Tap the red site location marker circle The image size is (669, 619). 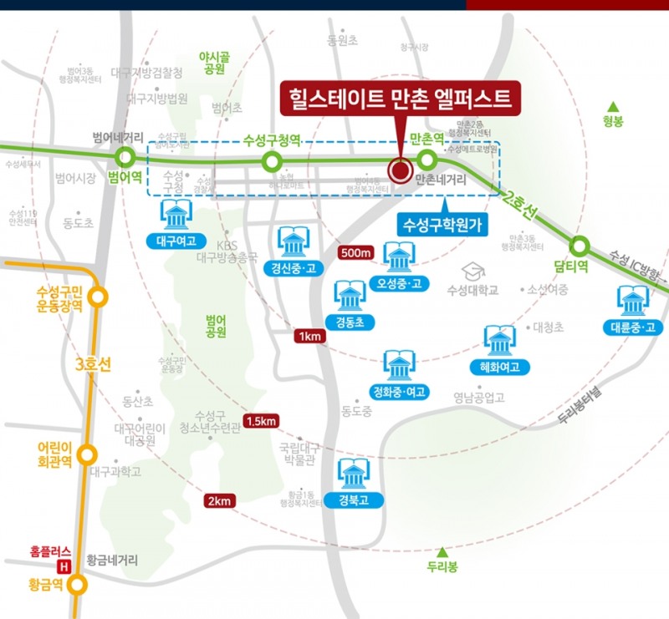(400, 172)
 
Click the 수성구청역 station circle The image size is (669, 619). (271, 160)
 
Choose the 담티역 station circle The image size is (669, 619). (579, 246)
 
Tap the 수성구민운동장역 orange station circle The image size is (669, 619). (99, 296)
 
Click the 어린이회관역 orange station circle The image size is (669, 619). (86, 455)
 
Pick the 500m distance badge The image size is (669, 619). (356, 253)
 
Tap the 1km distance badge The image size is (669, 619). (310, 336)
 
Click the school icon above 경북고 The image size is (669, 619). (353, 474)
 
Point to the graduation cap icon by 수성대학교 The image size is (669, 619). (474, 271)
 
